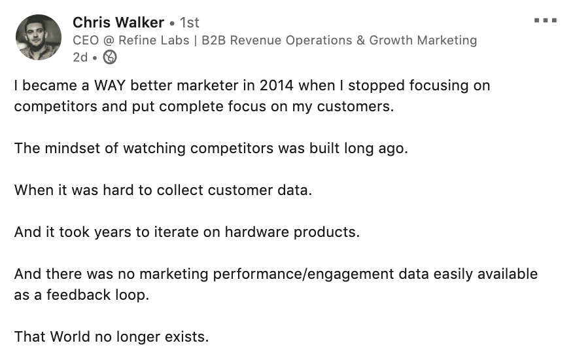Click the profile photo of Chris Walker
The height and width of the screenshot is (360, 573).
[x=39, y=37]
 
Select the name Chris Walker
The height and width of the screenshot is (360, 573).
[x=118, y=23]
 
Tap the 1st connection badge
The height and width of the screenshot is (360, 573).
[x=189, y=23]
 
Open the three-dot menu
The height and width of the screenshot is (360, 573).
[x=546, y=20]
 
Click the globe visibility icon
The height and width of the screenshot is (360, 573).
[x=110, y=57]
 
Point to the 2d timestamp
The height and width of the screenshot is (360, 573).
[x=80, y=58]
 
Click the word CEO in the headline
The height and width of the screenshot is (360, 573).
[x=86, y=40]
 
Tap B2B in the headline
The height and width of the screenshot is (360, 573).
[x=214, y=40]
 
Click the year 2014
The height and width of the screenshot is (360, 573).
[x=276, y=86]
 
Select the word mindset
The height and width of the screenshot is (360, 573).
[x=73, y=149]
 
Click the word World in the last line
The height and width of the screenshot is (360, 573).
[x=70, y=337]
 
